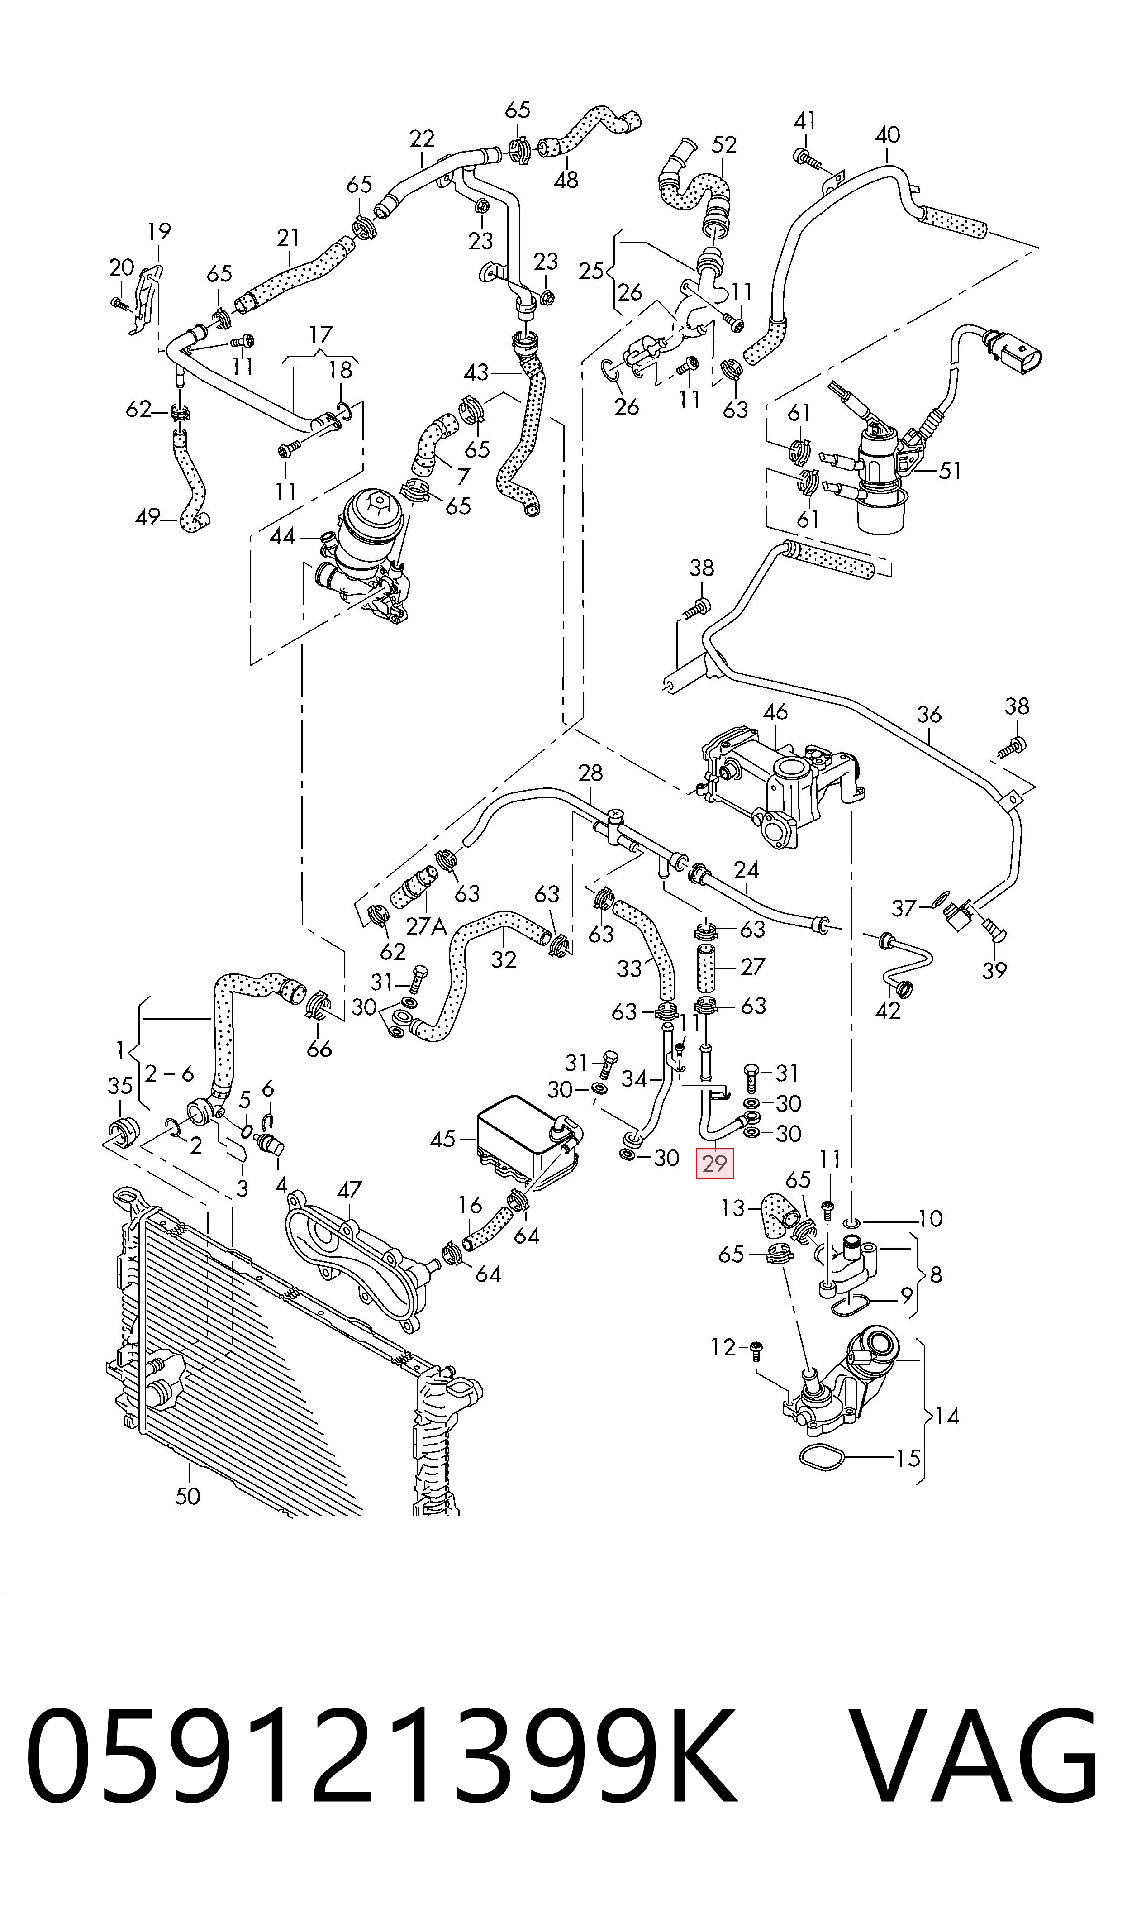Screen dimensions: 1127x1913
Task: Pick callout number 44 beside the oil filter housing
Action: pyautogui.click(x=282, y=536)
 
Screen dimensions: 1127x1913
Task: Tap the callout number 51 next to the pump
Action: pyautogui.click(x=950, y=471)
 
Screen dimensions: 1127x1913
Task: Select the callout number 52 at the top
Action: pyautogui.click(x=724, y=144)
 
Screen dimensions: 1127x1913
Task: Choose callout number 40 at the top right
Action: pyautogui.click(x=887, y=135)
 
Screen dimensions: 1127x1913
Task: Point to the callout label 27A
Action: pyautogui.click(x=426, y=926)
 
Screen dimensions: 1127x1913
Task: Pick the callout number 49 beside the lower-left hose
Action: pyautogui.click(x=147, y=517)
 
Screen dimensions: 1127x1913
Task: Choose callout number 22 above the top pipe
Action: pyautogui.click(x=422, y=138)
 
